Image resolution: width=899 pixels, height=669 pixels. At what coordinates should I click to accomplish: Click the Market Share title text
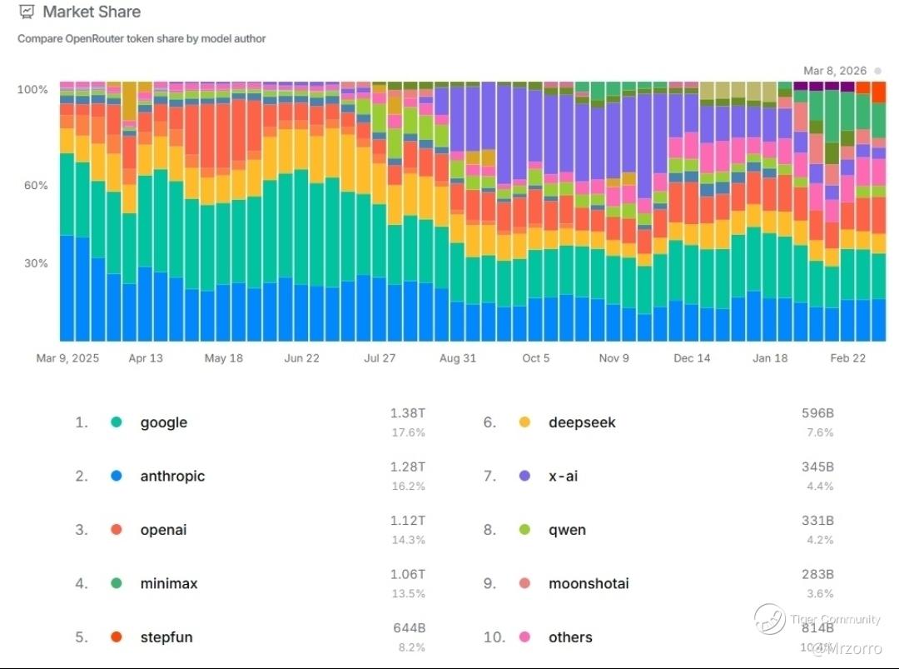click(x=92, y=12)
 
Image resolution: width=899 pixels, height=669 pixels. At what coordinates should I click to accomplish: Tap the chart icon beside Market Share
click(x=27, y=12)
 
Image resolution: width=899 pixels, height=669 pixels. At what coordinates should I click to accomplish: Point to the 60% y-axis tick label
click(x=34, y=185)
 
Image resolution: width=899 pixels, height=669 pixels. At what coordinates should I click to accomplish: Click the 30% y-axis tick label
click(x=34, y=263)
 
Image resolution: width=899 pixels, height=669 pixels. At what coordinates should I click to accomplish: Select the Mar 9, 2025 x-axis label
click(x=67, y=358)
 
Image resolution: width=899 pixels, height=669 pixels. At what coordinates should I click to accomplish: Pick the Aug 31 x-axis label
click(x=458, y=358)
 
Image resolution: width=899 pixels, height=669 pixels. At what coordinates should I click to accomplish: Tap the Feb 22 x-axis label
click(x=848, y=358)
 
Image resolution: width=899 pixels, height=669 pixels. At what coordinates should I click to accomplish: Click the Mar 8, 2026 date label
click(x=835, y=71)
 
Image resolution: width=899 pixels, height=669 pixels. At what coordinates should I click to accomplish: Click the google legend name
click(x=163, y=422)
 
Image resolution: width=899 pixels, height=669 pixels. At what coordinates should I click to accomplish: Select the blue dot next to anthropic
click(x=117, y=476)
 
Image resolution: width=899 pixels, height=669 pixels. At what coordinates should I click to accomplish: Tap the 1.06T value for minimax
click(x=408, y=574)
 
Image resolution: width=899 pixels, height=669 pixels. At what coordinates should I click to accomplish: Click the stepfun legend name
click(x=166, y=637)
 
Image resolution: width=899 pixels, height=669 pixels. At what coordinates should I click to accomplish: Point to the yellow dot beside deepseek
click(x=524, y=422)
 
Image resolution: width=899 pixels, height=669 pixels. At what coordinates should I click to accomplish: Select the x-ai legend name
click(x=563, y=476)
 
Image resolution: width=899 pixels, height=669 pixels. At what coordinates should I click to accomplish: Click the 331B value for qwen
click(x=817, y=521)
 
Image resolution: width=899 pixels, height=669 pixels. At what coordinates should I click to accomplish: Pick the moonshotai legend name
click(x=589, y=583)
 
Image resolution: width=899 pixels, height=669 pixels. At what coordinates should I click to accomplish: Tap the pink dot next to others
click(x=524, y=637)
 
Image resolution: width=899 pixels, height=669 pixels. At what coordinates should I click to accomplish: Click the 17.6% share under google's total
click(x=409, y=432)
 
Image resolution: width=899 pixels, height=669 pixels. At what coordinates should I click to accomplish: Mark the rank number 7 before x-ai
click(x=489, y=476)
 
